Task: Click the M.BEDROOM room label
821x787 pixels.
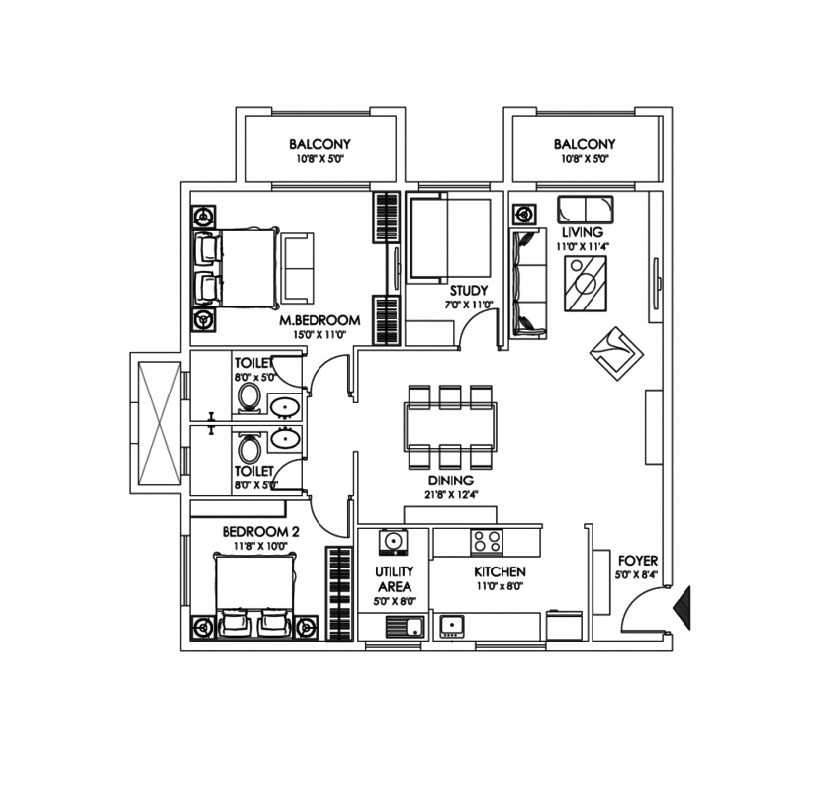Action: [319, 320]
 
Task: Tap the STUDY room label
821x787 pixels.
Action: [469, 291]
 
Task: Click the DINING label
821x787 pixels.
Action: [451, 481]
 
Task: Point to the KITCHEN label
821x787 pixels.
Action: [501, 571]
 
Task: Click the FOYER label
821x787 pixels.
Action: [638, 561]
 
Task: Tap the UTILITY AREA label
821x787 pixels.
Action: [395, 578]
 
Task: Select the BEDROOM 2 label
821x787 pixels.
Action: [261, 532]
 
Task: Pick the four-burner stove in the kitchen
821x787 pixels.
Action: [487, 542]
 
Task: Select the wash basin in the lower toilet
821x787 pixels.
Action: [284, 439]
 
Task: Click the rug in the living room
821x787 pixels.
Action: [586, 284]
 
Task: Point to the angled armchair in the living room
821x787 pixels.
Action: [616, 353]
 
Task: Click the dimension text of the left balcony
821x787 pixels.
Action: [319, 159]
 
